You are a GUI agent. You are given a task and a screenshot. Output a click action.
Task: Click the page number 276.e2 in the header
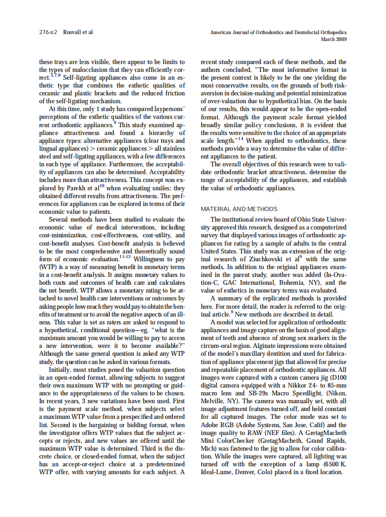pos(48,32)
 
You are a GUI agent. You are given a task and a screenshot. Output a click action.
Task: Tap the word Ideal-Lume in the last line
pos(216,473)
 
